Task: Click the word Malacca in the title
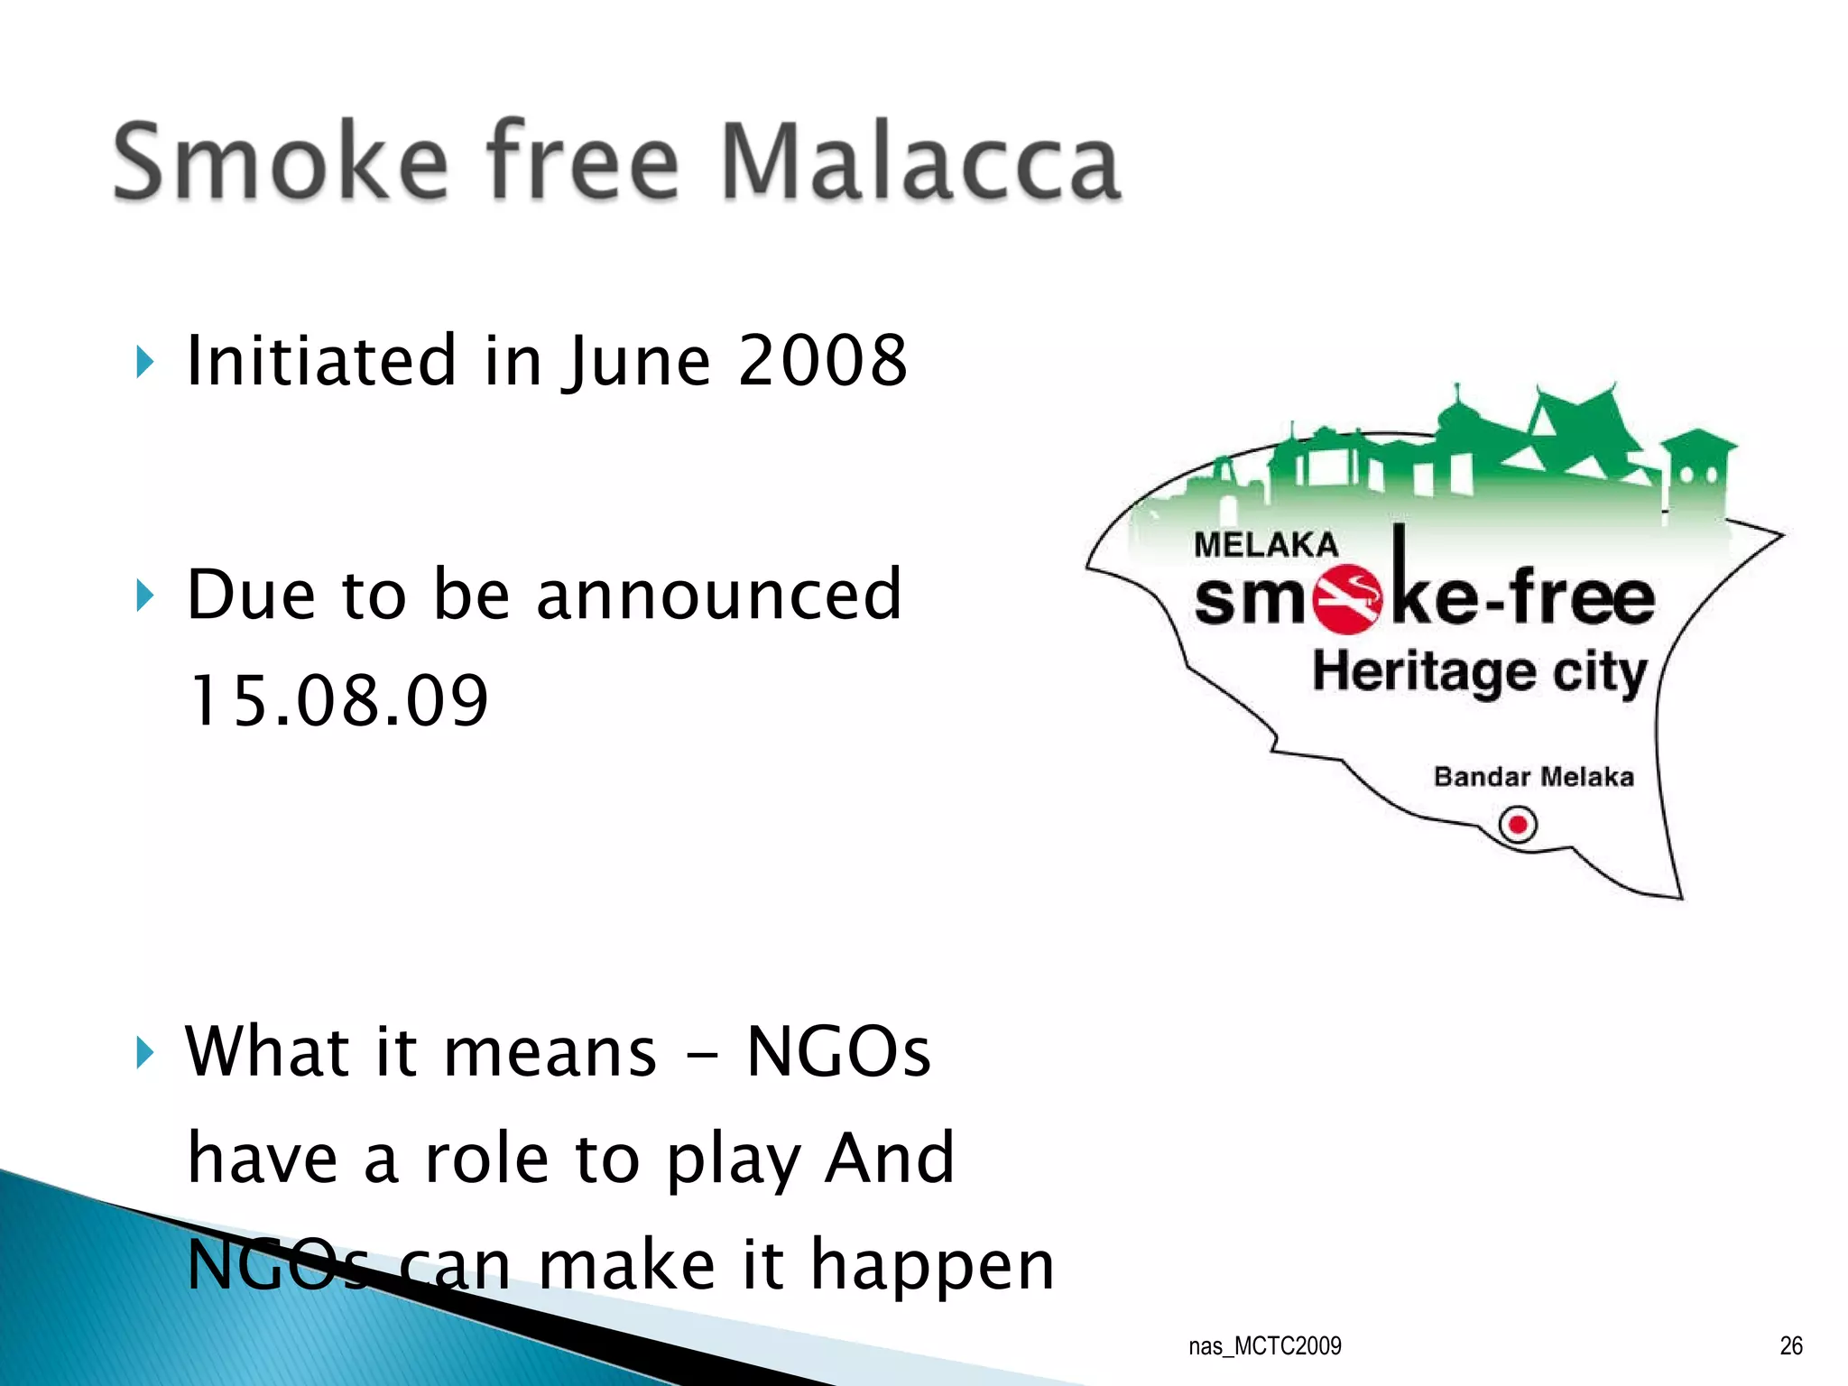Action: point(920,162)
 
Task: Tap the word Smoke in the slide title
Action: point(280,162)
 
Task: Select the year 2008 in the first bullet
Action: point(822,361)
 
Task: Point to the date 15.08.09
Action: point(338,701)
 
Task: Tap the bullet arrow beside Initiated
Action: point(145,363)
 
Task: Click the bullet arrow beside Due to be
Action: point(145,596)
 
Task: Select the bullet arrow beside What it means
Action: point(145,1052)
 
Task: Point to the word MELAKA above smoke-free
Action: point(1265,545)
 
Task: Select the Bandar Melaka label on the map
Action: point(1533,777)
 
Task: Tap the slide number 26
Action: point(1790,1346)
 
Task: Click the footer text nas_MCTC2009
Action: point(1264,1346)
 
